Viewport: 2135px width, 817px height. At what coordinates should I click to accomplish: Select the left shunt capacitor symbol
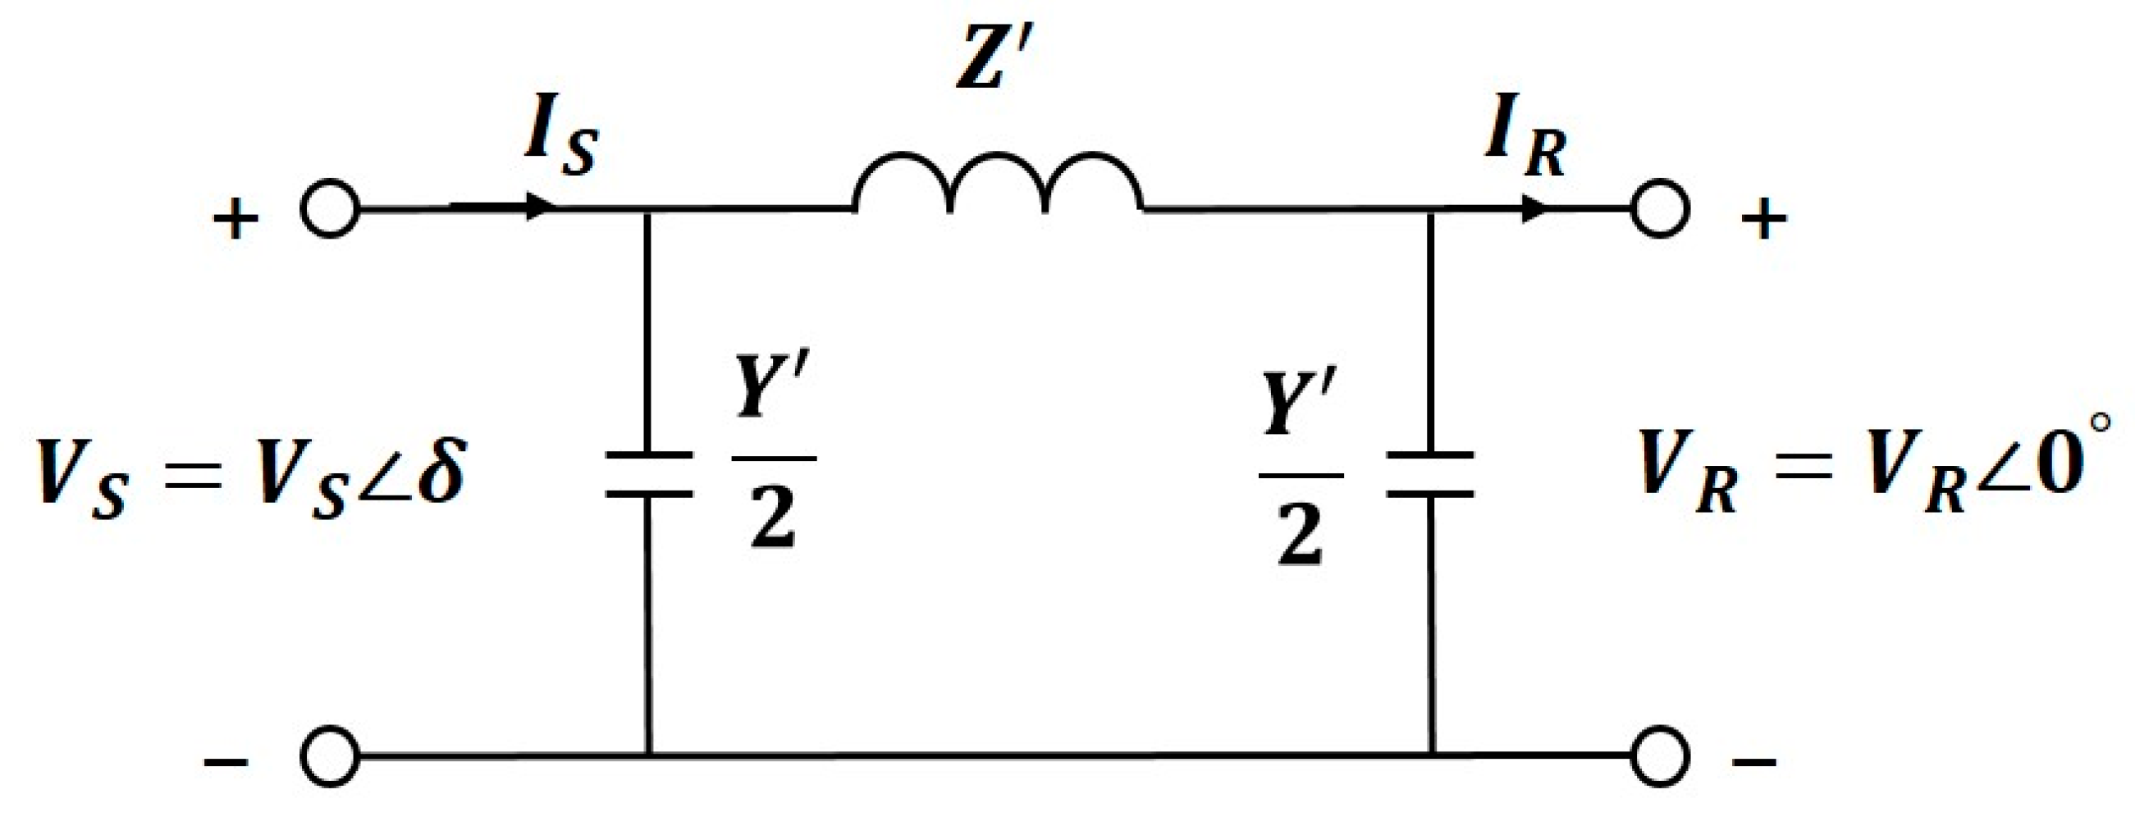coord(649,474)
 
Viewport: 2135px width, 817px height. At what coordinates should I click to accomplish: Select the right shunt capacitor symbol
coord(1431,474)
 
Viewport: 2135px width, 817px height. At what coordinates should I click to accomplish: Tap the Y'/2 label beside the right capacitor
coord(1300,481)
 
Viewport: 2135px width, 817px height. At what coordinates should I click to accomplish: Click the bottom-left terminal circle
coord(330,755)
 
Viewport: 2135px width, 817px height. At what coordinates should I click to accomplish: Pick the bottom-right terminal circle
coord(1660,755)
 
